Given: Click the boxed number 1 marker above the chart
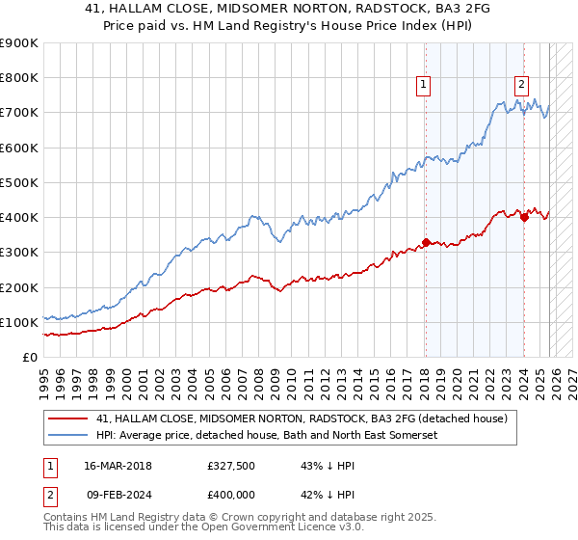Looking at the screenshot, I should pyautogui.click(x=424, y=85).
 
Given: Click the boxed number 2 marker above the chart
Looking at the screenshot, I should pyautogui.click(x=521, y=85).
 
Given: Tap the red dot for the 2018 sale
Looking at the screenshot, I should pyautogui.click(x=425, y=243).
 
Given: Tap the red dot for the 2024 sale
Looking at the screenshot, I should pyautogui.click(x=524, y=218).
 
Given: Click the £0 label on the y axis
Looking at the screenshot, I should pyautogui.click(x=29, y=357).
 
